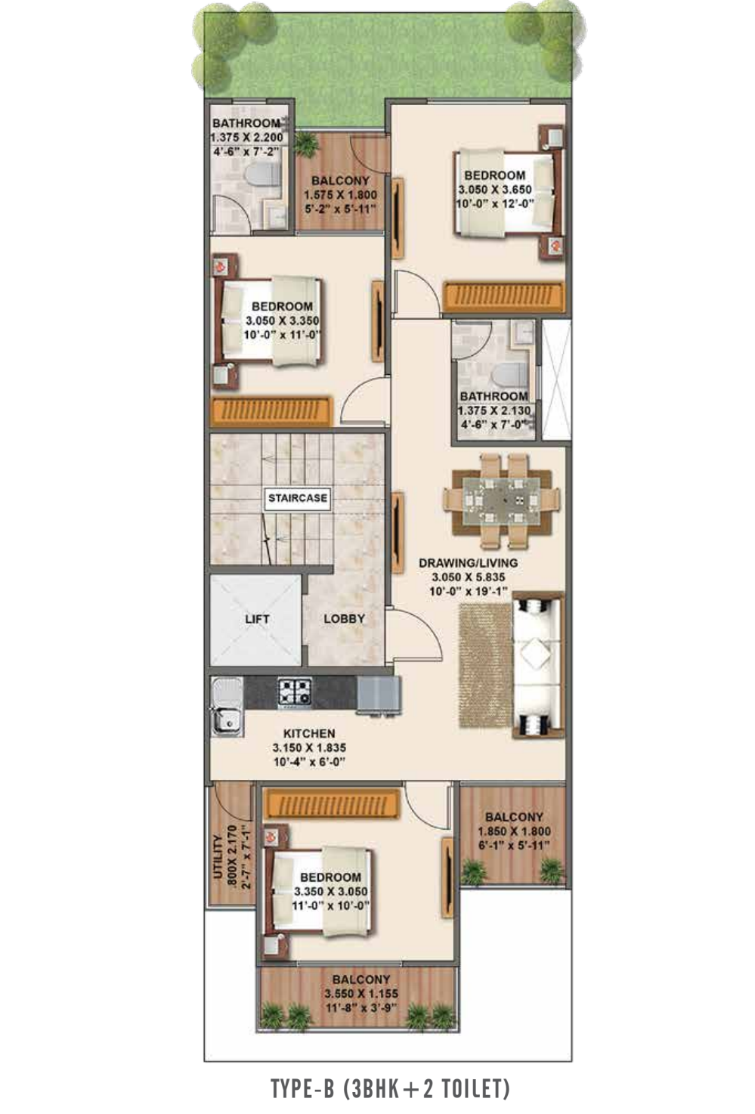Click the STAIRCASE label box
[298, 498]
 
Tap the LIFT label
[257, 619]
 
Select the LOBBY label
[344, 619]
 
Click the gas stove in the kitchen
[295, 692]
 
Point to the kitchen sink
[227, 706]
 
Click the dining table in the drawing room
[501, 500]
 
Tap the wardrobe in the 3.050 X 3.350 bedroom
[271, 412]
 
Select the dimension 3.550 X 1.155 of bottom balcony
[360, 994]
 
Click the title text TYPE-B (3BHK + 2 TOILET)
[390, 1088]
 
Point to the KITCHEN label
[309, 733]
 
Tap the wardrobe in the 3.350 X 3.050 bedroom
[332, 804]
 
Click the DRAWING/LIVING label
[468, 563]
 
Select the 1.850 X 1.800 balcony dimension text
[514, 831]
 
